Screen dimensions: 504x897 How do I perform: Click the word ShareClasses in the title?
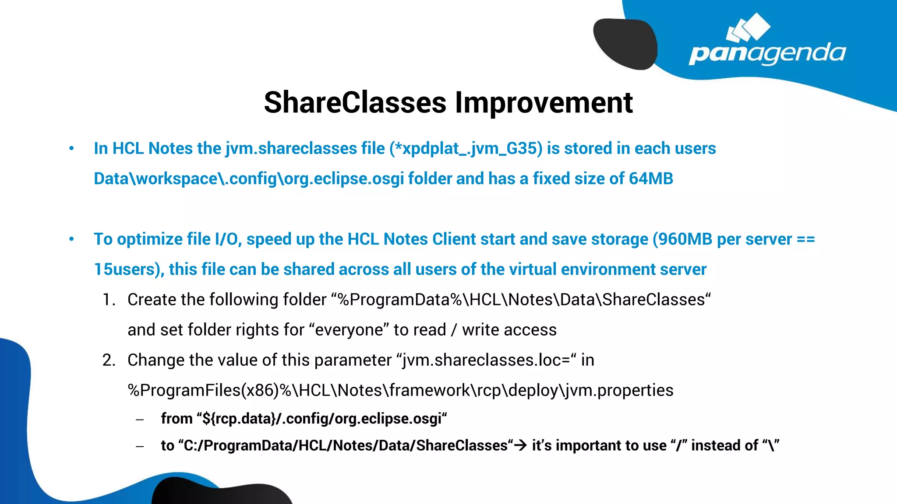point(355,103)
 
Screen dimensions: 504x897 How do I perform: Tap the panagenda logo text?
point(767,54)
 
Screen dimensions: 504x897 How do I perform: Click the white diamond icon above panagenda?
point(748,28)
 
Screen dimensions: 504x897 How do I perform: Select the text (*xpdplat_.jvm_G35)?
point(466,149)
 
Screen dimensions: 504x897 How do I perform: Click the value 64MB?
point(650,179)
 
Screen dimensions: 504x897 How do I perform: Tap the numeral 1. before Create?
point(109,300)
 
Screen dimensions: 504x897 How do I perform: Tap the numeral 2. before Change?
point(109,360)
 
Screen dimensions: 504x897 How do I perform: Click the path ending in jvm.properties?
point(400,391)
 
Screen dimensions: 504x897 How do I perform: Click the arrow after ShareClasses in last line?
point(520,446)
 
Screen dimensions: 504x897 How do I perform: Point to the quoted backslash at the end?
point(771,446)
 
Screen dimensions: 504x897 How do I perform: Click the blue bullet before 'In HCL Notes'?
point(71,149)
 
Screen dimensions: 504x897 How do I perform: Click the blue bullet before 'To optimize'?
point(71,239)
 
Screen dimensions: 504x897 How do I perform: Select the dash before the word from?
point(140,420)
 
